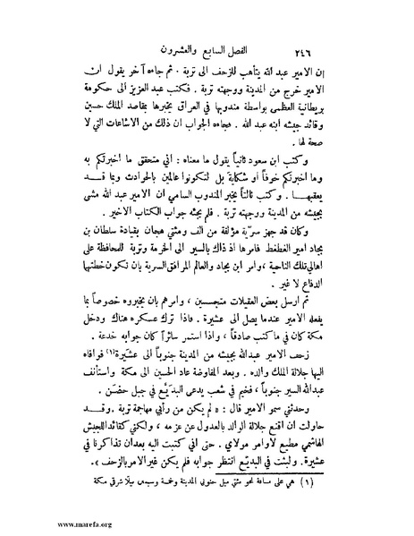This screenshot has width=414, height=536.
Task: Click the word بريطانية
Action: pyautogui.click(x=341, y=114)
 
